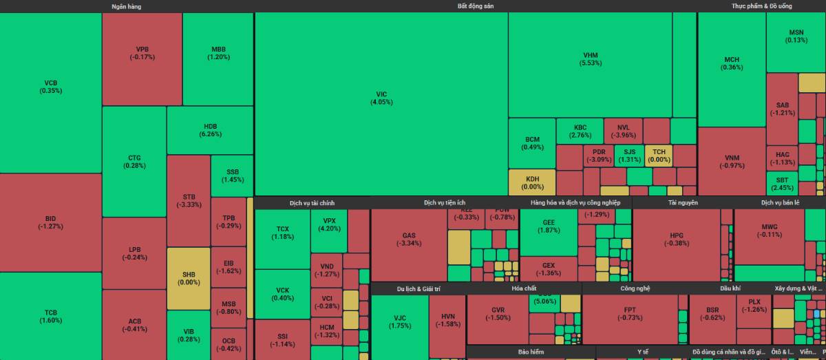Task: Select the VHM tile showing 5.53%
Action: click(591, 59)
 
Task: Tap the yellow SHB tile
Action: click(189, 278)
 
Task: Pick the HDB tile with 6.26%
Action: click(210, 130)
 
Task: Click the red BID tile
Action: click(51, 222)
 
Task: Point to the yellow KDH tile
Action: click(531, 182)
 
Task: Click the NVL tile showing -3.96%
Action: click(623, 131)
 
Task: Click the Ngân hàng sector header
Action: click(127, 6)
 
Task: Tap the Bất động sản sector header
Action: click(475, 6)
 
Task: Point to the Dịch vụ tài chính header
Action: click(312, 203)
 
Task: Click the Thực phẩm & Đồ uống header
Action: click(761, 6)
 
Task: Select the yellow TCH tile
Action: click(659, 155)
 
